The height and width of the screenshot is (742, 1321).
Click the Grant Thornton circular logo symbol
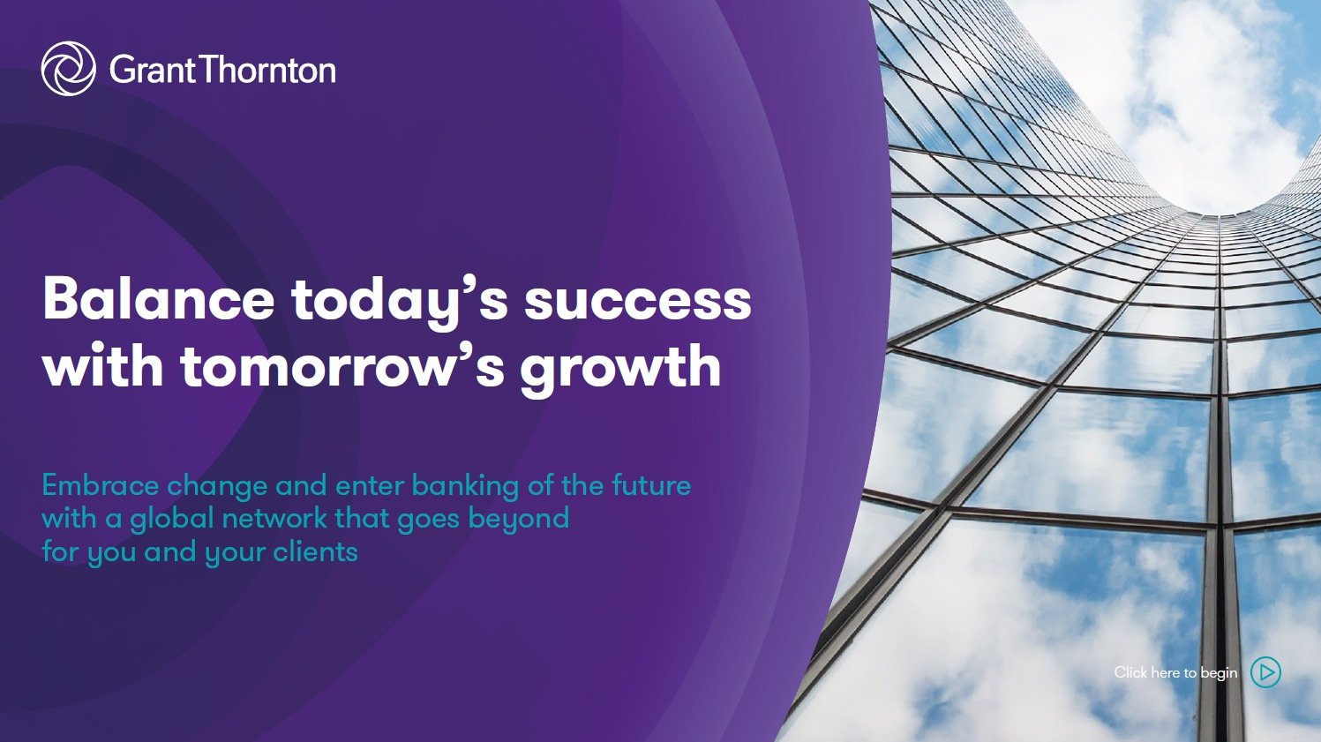(69, 69)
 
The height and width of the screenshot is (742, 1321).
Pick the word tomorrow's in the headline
(342, 366)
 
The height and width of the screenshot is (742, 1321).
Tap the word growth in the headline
(620, 369)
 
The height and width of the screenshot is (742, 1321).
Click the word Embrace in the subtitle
(101, 485)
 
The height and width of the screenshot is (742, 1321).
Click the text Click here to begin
(1175, 672)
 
